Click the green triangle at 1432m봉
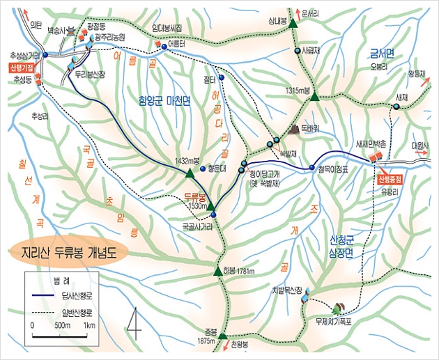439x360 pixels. pyautogui.click(x=189, y=172)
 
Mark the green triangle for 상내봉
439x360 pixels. pyautogui.click(x=294, y=24)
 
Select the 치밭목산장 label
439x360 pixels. pyautogui.click(x=286, y=290)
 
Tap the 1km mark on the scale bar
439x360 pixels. pyautogui.click(x=89, y=325)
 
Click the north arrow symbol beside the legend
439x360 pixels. pyautogui.click(x=134, y=320)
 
